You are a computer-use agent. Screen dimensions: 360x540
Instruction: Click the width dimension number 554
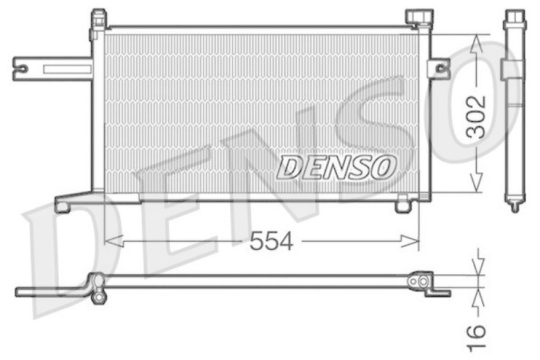click(271, 240)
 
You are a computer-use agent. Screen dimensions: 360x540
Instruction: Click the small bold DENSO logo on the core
click(336, 167)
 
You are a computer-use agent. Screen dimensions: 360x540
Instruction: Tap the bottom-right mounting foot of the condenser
click(403, 203)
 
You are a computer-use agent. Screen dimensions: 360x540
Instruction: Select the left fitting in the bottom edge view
click(97, 286)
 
